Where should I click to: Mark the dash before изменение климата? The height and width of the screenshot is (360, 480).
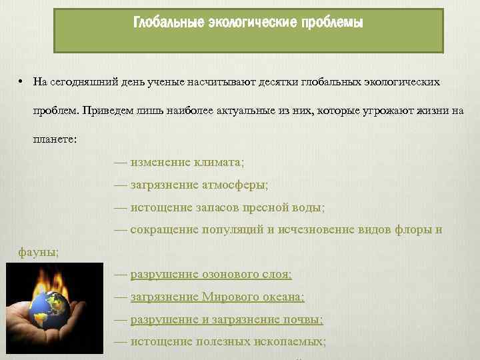(121, 162)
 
